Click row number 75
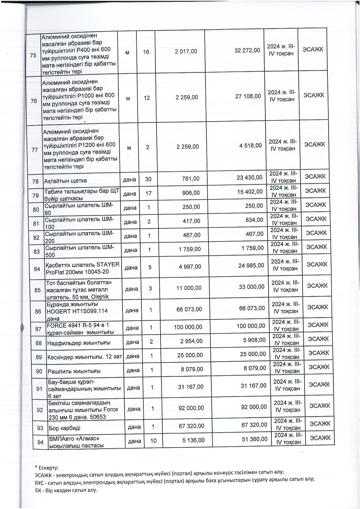[x=33, y=55]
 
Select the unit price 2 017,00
[x=186, y=51]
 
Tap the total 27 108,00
[x=248, y=96]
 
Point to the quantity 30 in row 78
[x=148, y=179]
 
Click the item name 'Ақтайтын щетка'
[x=65, y=181]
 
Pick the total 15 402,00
[x=250, y=192]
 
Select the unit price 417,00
[x=192, y=221]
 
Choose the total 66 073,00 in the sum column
[x=252, y=308]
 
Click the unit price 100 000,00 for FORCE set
[x=188, y=327]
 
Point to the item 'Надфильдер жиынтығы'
[x=79, y=343]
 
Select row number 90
[x=39, y=371]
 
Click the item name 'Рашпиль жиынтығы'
[x=74, y=371]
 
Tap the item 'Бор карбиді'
[x=65, y=428]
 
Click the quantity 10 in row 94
[x=153, y=441]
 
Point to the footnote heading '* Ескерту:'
[x=46, y=468]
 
